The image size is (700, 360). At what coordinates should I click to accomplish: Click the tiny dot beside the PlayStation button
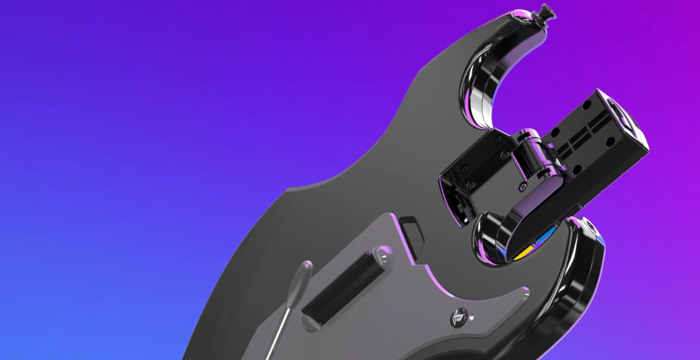(x=472, y=318)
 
